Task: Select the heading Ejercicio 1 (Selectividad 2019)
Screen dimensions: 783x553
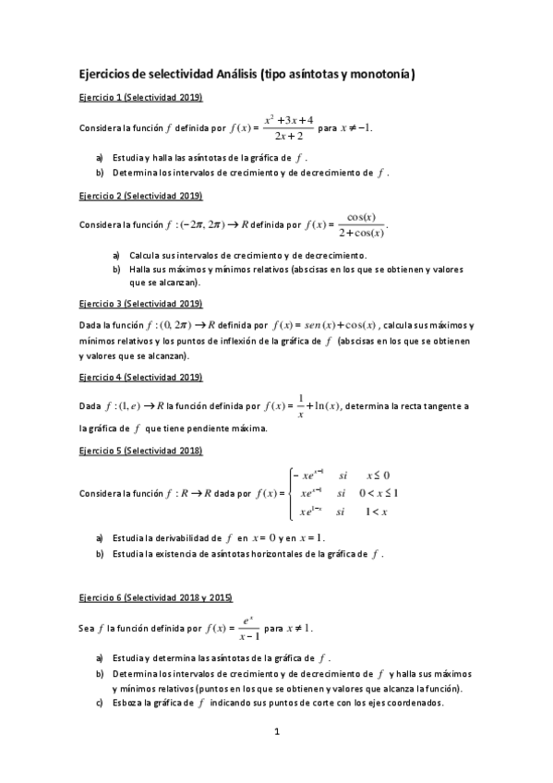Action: (140, 97)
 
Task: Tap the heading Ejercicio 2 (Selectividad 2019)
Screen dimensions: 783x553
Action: (140, 196)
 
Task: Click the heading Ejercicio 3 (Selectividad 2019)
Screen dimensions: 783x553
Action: (140, 304)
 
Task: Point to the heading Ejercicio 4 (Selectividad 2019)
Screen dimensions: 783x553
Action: (140, 377)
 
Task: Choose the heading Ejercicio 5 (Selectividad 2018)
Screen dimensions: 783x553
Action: (140, 450)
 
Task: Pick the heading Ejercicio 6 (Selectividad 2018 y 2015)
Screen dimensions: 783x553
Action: (156, 597)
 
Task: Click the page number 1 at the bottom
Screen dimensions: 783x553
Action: (277, 732)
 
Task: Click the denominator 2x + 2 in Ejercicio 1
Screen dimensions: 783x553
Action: (289, 135)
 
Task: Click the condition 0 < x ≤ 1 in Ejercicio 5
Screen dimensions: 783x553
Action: (378, 493)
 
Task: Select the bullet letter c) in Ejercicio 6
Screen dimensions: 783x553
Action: (100, 703)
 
